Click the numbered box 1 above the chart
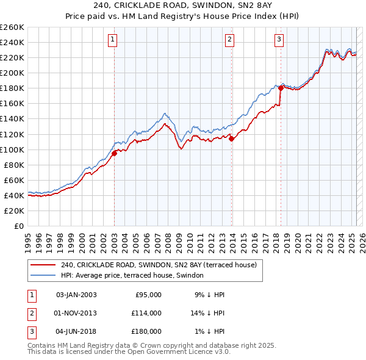point(113,40)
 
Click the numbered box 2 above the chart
point(230,40)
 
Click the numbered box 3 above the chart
point(279,40)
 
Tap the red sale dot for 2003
point(114,153)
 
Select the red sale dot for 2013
point(232,139)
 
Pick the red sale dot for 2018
point(281,88)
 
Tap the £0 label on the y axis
point(18,226)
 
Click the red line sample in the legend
point(43,265)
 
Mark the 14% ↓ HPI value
point(208,313)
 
